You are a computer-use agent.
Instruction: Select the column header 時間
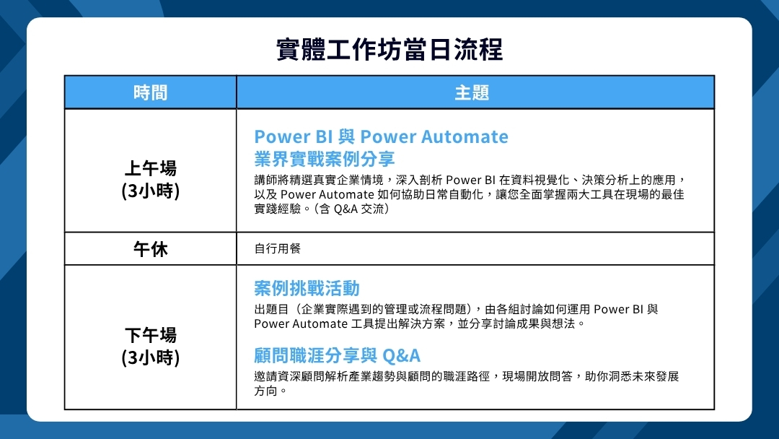pyautogui.click(x=151, y=92)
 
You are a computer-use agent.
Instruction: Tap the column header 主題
pyautogui.click(x=472, y=92)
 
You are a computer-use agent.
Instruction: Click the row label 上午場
pyautogui.click(x=151, y=168)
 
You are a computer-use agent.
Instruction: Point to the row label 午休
pyautogui.click(x=151, y=248)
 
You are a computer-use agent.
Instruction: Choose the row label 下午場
pyautogui.click(x=151, y=335)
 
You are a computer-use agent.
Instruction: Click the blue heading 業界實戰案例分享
pyautogui.click(x=325, y=159)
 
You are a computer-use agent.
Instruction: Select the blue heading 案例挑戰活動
pyautogui.click(x=307, y=288)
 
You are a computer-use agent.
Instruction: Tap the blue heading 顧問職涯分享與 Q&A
pyautogui.click(x=338, y=355)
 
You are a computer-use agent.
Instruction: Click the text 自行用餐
pyautogui.click(x=277, y=248)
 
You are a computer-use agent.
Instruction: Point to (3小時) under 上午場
pyautogui.click(x=151, y=191)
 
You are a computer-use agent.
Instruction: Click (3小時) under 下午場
pyautogui.click(x=151, y=358)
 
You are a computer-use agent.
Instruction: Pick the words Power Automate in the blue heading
pyautogui.click(x=434, y=136)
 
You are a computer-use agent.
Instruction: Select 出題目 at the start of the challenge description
pyautogui.click(x=271, y=309)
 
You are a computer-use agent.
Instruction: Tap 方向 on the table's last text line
pyautogui.click(x=265, y=391)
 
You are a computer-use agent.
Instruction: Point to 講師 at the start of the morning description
pyautogui.click(x=265, y=180)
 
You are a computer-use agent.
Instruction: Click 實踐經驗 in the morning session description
pyautogui.click(x=277, y=209)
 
